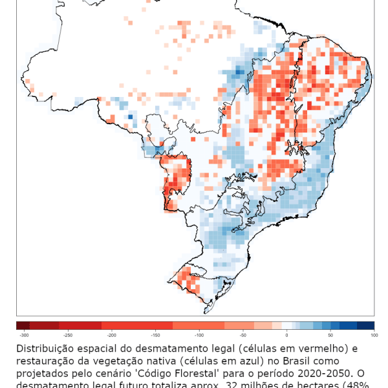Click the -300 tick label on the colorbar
(24, 335)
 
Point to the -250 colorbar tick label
(68, 335)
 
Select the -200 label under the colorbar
(112, 335)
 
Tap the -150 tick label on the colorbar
(155, 335)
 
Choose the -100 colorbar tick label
(199, 335)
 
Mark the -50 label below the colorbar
(243, 335)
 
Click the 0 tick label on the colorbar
(286, 335)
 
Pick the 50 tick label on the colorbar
(330, 335)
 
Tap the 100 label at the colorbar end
(373, 335)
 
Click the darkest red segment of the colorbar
(23, 325)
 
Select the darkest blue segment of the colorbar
(365, 325)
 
